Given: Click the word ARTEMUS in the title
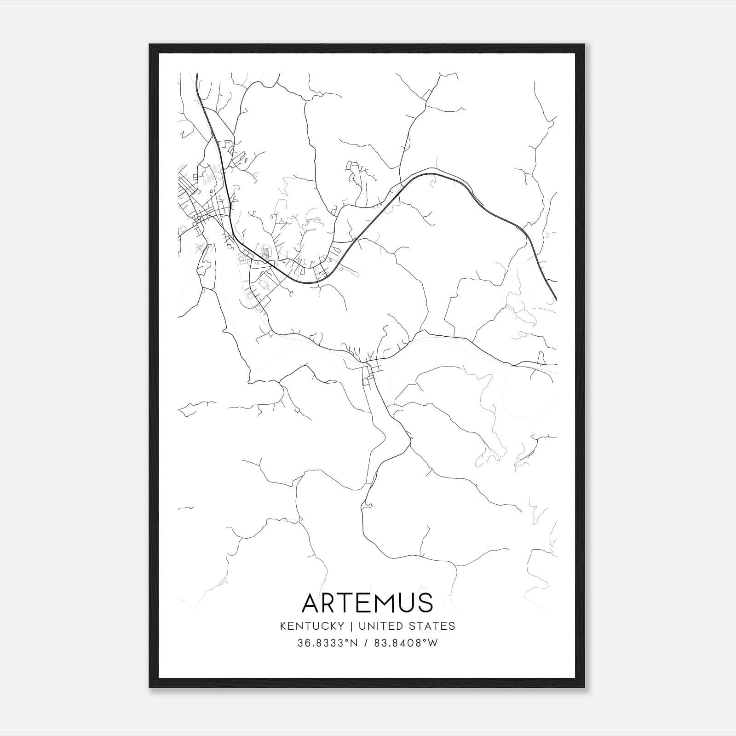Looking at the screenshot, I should point(367,603).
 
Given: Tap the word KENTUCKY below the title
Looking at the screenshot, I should point(318,626).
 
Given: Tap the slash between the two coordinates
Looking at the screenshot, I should point(366,643).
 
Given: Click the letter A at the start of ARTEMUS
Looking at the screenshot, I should point(311,603).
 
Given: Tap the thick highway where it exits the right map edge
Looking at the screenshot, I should point(555,297).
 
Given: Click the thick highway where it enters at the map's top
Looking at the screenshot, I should point(197,76).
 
